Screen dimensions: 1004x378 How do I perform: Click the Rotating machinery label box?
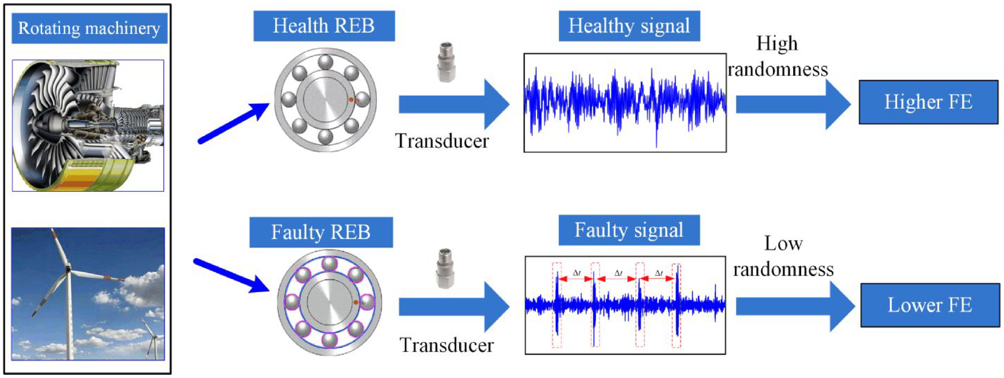pos(90,28)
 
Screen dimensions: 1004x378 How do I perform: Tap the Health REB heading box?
pos(324,26)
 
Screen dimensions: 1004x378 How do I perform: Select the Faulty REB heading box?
pos(321,232)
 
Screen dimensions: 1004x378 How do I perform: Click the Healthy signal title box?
pos(630,26)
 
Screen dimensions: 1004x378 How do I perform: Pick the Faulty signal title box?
pos(630,230)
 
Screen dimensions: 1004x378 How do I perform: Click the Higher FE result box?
pos(928,102)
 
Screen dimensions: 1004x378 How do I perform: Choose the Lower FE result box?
pos(930,305)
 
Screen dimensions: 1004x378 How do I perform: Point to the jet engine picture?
pos(88,126)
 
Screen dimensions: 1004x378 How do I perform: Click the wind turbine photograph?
pos(88,293)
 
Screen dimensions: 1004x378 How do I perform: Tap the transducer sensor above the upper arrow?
pos(446,62)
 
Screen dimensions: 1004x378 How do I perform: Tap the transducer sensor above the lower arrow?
pos(445,269)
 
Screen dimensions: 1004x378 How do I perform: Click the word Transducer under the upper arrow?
pos(442,141)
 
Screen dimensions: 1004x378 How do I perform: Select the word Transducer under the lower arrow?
pos(446,345)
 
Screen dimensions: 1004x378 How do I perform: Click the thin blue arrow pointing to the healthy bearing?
pos(234,123)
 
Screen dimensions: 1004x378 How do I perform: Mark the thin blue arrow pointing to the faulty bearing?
pos(231,275)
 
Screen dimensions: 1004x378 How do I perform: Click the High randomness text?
pos(778,56)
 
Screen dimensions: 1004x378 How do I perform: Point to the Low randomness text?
pos(783,256)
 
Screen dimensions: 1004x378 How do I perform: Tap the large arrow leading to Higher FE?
pos(793,104)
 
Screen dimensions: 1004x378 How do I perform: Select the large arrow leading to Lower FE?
pos(795,306)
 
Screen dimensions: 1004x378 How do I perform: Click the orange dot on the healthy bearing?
pos(351,100)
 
